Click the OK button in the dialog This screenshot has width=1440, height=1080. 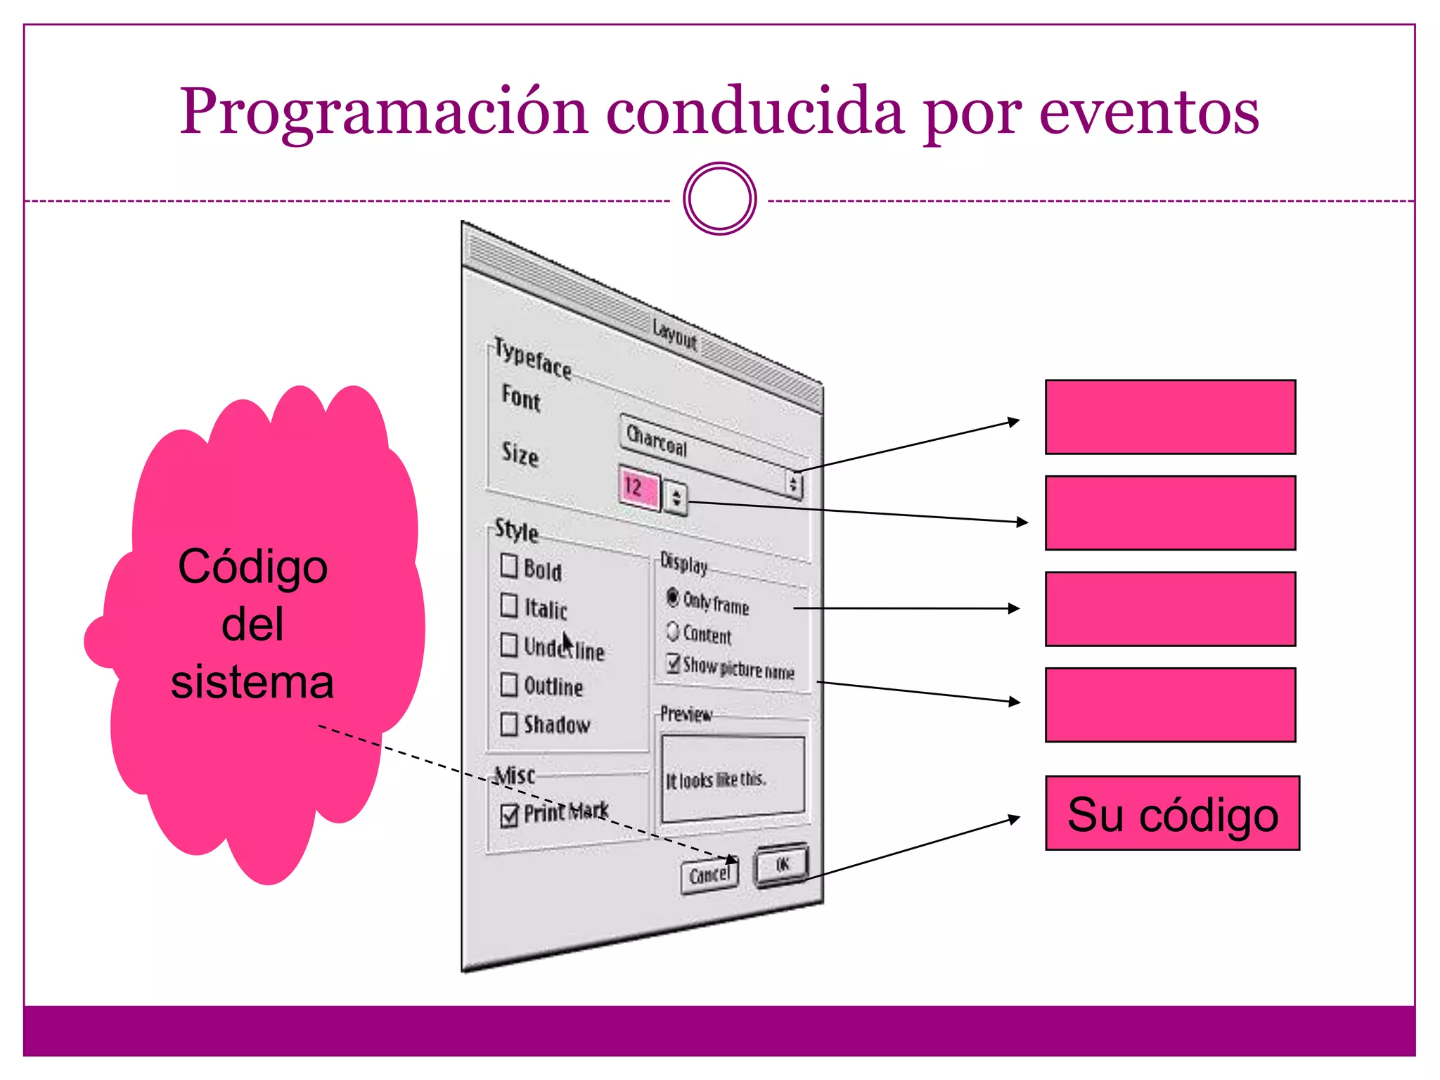tap(782, 864)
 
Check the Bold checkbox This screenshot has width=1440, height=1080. tap(508, 565)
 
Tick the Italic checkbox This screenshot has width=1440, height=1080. tap(508, 605)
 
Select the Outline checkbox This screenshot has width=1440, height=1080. tap(508, 684)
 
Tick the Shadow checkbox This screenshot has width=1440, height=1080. tap(508, 724)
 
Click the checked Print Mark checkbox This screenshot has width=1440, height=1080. tap(508, 816)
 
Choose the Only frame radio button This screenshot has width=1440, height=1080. tap(673, 597)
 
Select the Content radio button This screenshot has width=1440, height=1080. tap(673, 631)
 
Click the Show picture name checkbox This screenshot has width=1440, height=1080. tap(674, 663)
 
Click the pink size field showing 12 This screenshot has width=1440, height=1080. tap(638, 487)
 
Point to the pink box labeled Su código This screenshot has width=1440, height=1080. tap(1172, 814)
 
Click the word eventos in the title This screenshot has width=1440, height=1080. tap(1149, 112)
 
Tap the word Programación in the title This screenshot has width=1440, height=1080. tap(383, 112)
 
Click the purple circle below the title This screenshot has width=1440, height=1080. tap(719, 199)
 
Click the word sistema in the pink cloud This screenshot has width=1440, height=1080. tap(252, 682)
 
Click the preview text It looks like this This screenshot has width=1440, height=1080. tap(715, 780)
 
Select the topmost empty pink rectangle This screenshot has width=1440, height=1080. tap(1170, 417)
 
